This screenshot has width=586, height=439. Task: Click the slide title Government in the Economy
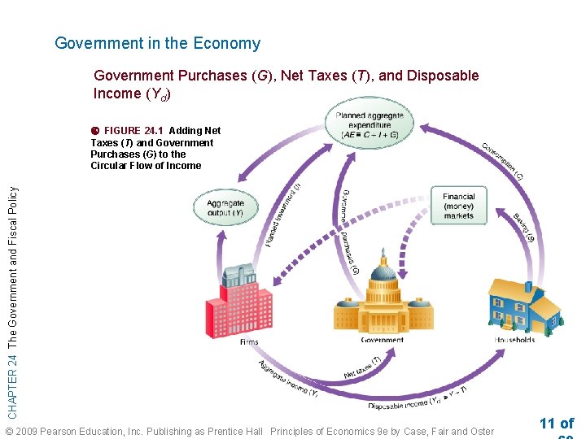[x=157, y=44]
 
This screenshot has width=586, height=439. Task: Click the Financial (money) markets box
[x=458, y=206]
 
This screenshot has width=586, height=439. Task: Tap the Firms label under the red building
[x=249, y=342]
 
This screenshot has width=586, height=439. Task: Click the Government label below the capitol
[x=382, y=340]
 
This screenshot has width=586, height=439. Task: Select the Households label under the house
[x=514, y=339]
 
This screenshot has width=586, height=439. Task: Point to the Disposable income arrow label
[x=416, y=399]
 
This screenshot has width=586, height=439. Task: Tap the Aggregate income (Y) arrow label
[x=289, y=378]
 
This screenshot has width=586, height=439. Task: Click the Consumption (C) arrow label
[x=502, y=161]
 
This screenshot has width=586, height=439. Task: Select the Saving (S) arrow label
[x=523, y=228]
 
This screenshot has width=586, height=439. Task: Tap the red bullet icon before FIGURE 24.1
[x=95, y=131]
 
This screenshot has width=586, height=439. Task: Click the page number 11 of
[x=556, y=423]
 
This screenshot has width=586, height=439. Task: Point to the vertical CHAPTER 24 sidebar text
[x=12, y=290]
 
